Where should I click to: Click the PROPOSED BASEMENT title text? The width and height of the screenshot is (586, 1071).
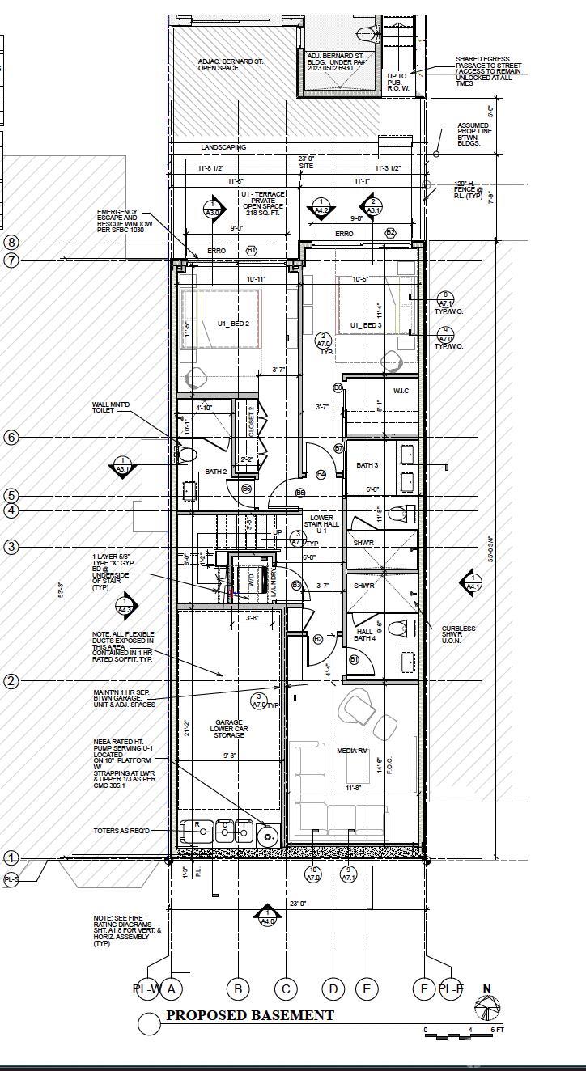[x=249, y=1015]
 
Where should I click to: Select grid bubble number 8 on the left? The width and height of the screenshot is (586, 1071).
[x=11, y=242]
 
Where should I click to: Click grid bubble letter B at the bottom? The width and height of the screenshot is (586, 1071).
[x=238, y=988]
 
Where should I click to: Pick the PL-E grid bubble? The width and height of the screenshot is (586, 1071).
[x=450, y=988]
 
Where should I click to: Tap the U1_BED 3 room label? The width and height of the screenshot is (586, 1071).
[x=366, y=325]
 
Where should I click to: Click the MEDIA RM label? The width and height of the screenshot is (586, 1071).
[x=352, y=751]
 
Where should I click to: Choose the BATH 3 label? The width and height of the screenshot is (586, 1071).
[x=367, y=465]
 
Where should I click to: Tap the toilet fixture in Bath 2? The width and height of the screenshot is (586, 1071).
[x=188, y=455]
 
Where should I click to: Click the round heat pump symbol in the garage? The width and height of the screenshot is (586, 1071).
[x=268, y=835]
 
